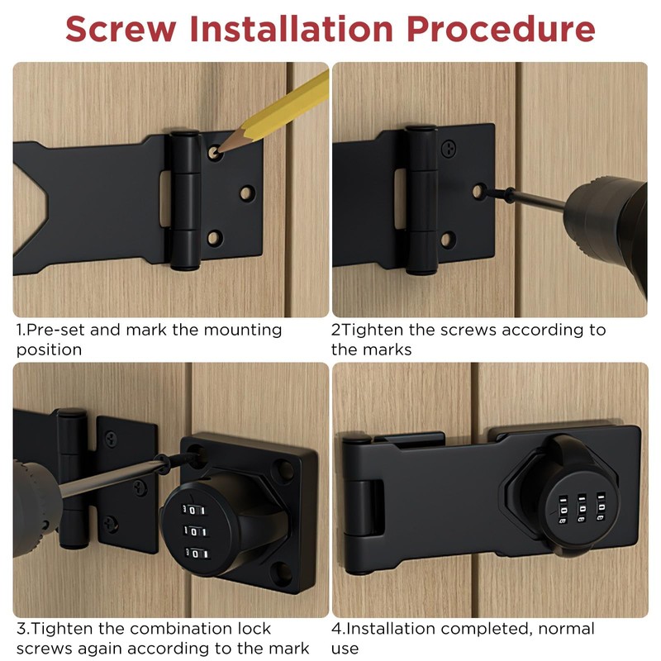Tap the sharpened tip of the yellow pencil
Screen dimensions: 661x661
(217, 150)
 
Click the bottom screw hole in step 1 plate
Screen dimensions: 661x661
(215, 239)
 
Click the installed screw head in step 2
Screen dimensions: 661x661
(449, 150)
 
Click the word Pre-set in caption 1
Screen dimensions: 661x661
(55, 330)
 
